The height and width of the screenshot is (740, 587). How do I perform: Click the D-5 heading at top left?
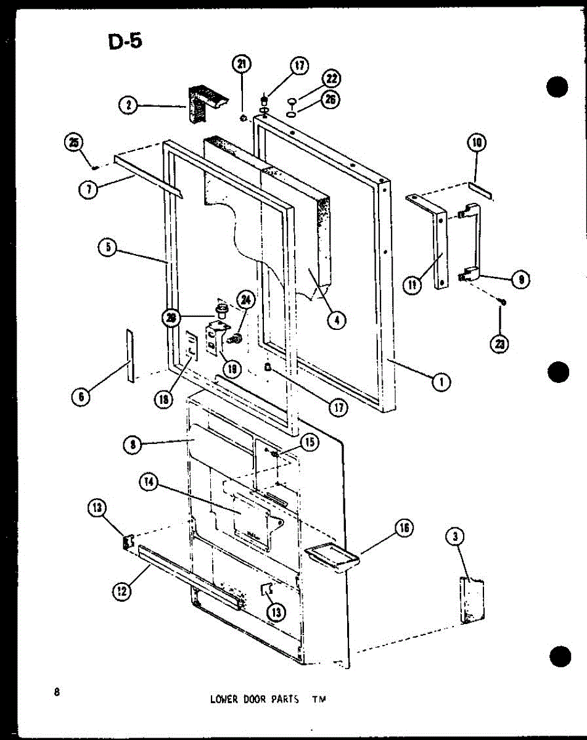[x=125, y=43]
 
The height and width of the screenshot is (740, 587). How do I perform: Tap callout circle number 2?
[x=128, y=105]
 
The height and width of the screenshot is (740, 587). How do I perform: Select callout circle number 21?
[x=242, y=64]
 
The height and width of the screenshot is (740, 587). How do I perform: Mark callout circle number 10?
[x=477, y=144]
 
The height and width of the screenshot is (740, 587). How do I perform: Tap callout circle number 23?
[x=501, y=344]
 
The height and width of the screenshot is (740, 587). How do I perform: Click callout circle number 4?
[x=337, y=320]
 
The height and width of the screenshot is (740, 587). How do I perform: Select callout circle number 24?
[x=245, y=300]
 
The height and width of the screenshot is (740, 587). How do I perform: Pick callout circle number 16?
[x=404, y=528]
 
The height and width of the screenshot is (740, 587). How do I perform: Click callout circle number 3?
[x=455, y=537]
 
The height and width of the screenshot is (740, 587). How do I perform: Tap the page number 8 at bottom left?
[x=57, y=691]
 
